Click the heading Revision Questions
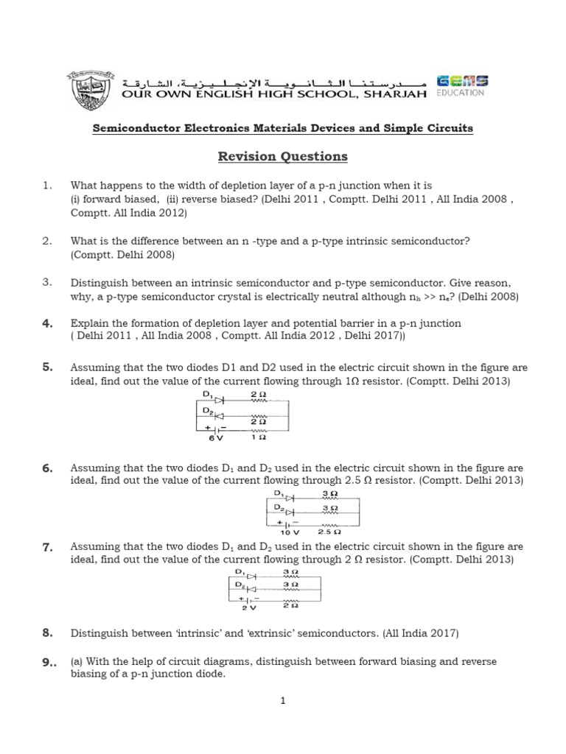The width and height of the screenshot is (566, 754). click(282, 157)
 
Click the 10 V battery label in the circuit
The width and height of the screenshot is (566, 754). click(290, 531)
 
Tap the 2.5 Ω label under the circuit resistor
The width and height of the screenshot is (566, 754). click(329, 531)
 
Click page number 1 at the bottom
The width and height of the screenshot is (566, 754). click(282, 701)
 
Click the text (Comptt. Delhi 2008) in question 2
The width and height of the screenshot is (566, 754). click(122, 255)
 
